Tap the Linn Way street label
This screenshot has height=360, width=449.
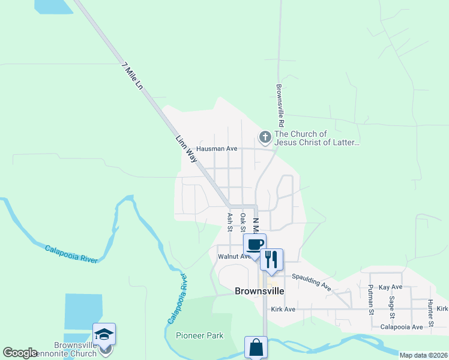click(186, 149)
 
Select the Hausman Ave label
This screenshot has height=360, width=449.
click(217, 148)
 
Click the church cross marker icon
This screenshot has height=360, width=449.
click(265, 137)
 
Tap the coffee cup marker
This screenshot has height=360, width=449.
click(255, 245)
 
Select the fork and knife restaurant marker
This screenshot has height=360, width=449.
click(271, 260)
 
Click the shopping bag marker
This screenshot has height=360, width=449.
click(256, 347)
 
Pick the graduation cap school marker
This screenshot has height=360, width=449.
click(104, 334)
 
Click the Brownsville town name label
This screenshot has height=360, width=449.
click(258, 292)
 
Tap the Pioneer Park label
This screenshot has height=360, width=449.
click(199, 335)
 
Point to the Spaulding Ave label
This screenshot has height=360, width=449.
click(312, 282)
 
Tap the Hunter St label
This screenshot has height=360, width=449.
click(431, 308)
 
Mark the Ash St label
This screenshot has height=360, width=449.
click(229, 221)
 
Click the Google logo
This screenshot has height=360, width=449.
click(20, 353)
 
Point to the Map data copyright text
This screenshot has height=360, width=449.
click(423, 355)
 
